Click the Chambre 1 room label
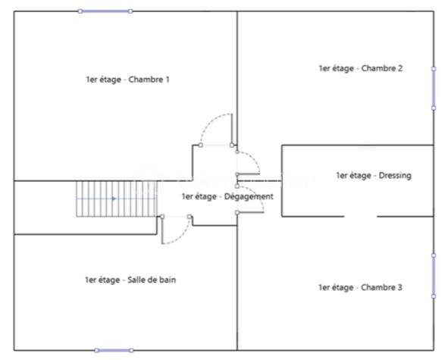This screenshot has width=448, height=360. (x=127, y=80)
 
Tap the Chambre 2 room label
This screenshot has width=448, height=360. (x=361, y=68)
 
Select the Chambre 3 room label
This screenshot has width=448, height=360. (x=360, y=287)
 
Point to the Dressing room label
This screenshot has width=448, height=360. (x=374, y=175)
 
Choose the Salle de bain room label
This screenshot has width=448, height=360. (x=130, y=280)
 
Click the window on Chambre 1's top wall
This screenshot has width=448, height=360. (x=105, y=11)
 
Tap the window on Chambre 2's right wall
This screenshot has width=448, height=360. (x=434, y=89)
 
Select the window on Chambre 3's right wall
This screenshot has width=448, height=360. (x=434, y=276)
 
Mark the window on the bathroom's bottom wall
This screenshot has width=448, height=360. (x=114, y=350)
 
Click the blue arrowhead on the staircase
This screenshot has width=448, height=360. (x=114, y=199)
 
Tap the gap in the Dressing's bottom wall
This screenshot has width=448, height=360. (x=361, y=217)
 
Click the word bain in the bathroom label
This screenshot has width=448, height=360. (x=168, y=280)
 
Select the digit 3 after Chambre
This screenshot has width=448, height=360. (x=399, y=287)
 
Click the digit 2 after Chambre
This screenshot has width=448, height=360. (x=400, y=68)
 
